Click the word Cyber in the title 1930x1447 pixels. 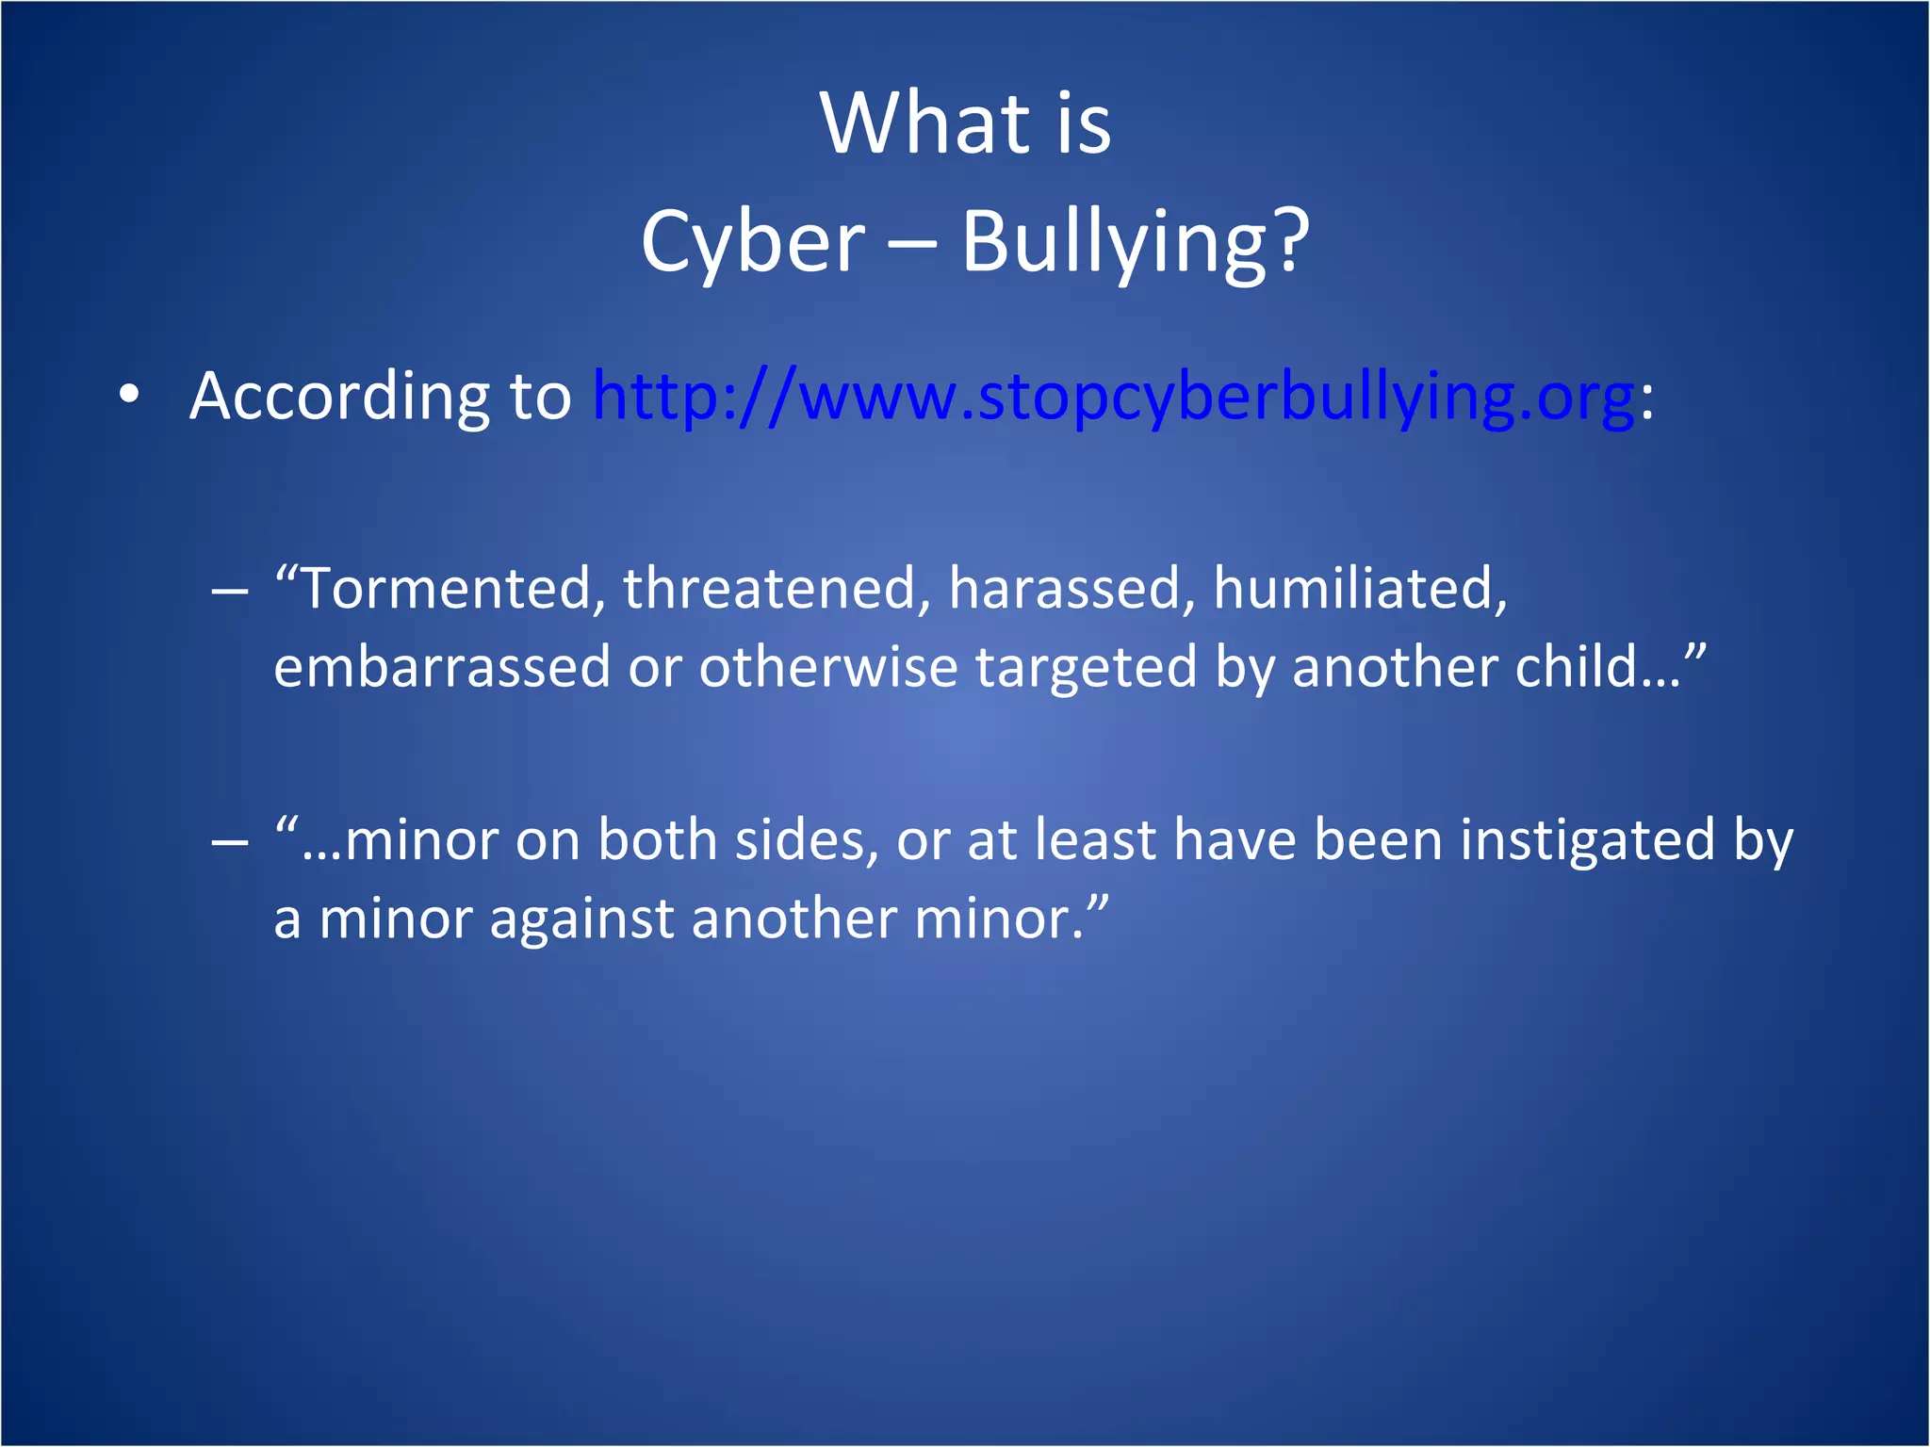coord(752,242)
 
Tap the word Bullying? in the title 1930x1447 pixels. coord(1135,242)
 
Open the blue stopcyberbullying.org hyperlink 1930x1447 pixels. coord(1112,396)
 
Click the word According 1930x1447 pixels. coord(338,396)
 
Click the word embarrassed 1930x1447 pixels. coord(442,667)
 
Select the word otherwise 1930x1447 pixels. coord(827,667)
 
